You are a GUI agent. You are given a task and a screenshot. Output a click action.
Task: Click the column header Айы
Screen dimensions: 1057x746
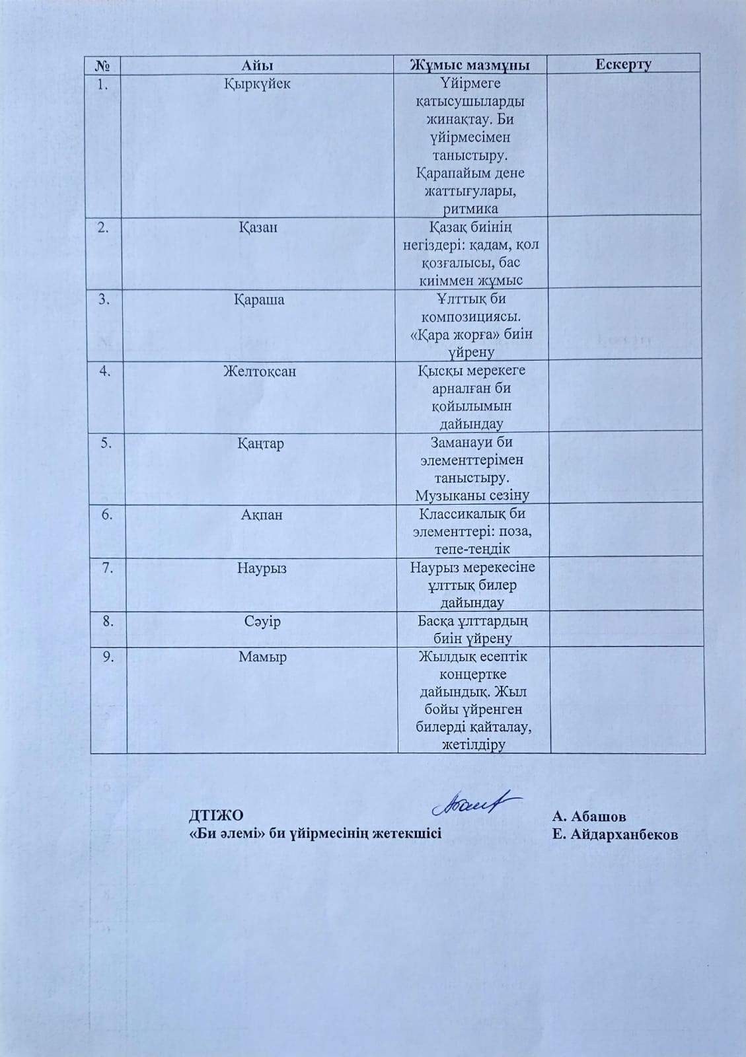(257, 65)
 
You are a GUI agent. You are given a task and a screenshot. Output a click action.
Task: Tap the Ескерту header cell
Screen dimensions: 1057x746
(623, 64)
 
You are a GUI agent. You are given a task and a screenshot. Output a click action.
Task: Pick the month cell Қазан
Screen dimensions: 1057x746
(258, 227)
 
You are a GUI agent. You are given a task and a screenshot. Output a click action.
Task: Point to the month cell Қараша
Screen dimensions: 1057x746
(259, 299)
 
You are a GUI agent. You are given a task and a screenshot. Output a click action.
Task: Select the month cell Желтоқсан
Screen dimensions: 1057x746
(259, 371)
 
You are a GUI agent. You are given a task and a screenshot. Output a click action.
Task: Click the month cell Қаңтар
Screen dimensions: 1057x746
(260, 443)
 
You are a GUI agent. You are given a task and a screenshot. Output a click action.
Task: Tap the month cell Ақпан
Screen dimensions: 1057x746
(262, 515)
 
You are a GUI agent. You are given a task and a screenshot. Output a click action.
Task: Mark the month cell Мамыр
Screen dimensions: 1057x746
(263, 657)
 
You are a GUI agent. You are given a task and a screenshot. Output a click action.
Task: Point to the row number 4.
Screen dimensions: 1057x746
(104, 371)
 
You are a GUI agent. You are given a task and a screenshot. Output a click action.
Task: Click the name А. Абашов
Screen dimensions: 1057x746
(589, 816)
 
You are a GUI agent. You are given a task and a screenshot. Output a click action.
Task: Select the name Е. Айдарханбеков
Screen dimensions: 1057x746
(616, 834)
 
